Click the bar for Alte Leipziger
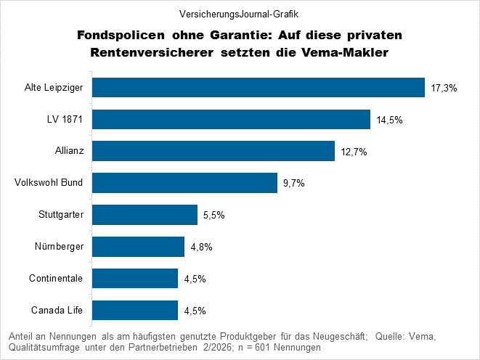[259, 88]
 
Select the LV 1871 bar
[232, 119]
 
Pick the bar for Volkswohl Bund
[185, 183]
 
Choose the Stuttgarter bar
[145, 215]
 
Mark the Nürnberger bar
[139, 247]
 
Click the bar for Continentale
[136, 279]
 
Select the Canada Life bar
[136, 311]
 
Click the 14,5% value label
[389, 120]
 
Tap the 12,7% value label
[354, 152]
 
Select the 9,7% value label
[294, 184]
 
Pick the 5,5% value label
[214, 216]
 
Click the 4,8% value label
[201, 247]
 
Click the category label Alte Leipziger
[52, 88]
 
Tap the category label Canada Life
[57, 311]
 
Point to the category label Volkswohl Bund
[49, 183]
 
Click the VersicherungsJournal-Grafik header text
[239, 13]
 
